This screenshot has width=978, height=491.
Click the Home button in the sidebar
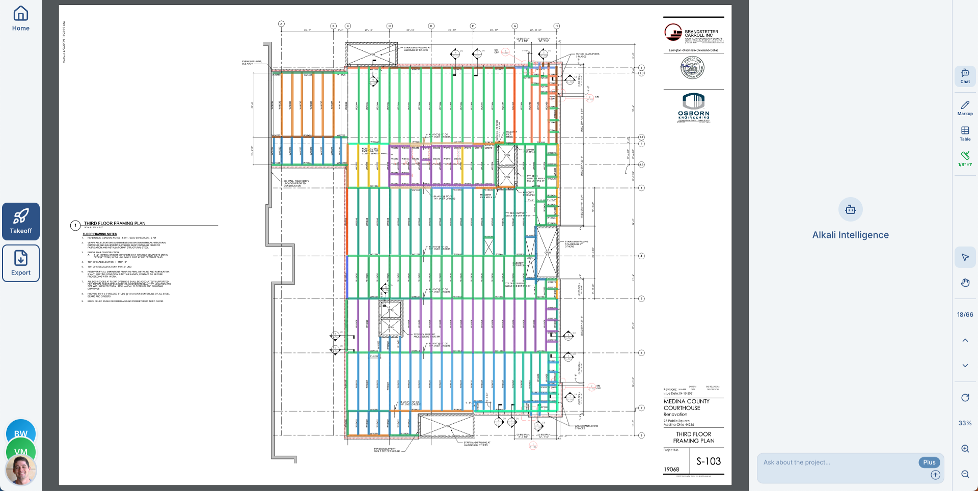point(21,18)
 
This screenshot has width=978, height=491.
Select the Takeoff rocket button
point(21,221)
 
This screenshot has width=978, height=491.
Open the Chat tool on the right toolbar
point(965,76)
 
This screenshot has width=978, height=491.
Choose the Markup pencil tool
point(965,107)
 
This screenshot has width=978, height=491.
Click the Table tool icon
point(965,133)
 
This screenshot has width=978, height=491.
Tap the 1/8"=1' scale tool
point(965,158)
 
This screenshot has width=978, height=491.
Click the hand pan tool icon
point(965,283)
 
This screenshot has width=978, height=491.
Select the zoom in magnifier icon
point(965,449)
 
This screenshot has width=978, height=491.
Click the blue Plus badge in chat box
point(929,462)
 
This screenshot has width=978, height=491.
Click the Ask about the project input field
point(835,462)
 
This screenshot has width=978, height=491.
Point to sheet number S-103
point(709,461)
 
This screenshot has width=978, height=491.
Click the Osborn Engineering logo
point(693,107)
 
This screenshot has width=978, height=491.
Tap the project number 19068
point(671,470)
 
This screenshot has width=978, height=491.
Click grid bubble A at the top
point(281,24)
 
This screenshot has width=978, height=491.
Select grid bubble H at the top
point(556,26)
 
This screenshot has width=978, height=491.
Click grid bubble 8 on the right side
point(641,435)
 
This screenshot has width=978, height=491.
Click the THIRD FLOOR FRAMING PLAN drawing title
point(115,223)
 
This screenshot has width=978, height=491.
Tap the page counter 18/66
point(965,315)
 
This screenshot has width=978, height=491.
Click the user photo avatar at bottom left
point(21,470)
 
